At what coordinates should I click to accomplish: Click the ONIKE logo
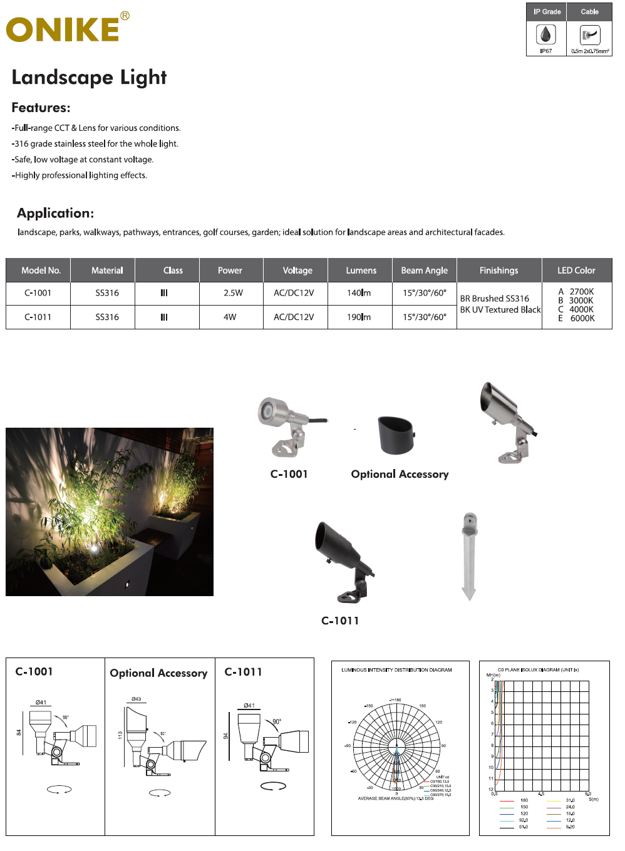63,29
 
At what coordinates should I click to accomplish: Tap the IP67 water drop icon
546,35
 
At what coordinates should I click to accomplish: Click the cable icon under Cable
590,35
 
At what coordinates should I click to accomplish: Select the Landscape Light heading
89,77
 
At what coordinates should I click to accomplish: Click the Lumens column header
361,271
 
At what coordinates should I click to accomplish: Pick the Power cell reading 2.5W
233,293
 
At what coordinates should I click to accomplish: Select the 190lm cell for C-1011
359,317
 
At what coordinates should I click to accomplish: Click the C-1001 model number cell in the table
38,293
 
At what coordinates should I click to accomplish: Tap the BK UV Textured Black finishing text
500,310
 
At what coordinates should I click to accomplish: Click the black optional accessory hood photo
396,435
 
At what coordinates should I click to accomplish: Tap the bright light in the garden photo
94,549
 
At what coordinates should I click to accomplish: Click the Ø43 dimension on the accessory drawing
137,699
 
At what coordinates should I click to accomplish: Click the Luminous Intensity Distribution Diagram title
396,670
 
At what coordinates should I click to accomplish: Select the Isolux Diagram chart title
538,670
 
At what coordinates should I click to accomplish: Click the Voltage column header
297,271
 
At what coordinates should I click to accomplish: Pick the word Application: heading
55,213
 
